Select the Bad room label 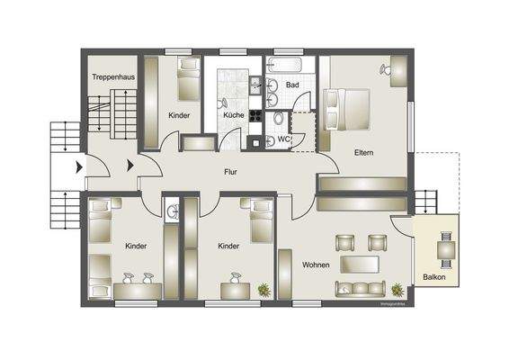tap(292, 85)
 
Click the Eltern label tap(364, 152)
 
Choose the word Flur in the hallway tap(230, 171)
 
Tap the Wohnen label tap(315, 265)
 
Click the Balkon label tap(433, 276)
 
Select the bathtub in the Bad tap(286, 65)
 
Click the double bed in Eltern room tap(351, 108)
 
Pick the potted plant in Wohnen tap(397, 290)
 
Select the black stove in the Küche tap(254, 115)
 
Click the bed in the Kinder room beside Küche tap(189, 79)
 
